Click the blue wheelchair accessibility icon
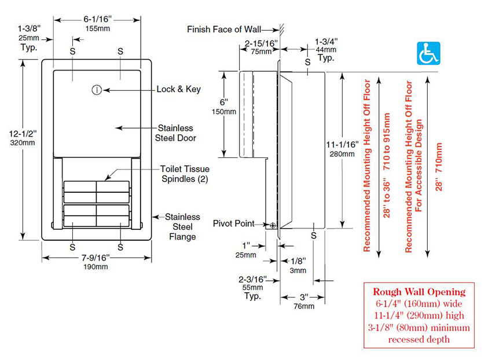(x=428, y=53)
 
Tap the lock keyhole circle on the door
(x=97, y=90)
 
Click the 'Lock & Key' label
(x=179, y=90)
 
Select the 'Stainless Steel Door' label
(x=175, y=133)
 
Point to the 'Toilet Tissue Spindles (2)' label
(x=185, y=174)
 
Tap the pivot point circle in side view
(x=272, y=225)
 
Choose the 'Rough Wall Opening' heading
(x=418, y=292)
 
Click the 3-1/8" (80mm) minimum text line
(x=418, y=328)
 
